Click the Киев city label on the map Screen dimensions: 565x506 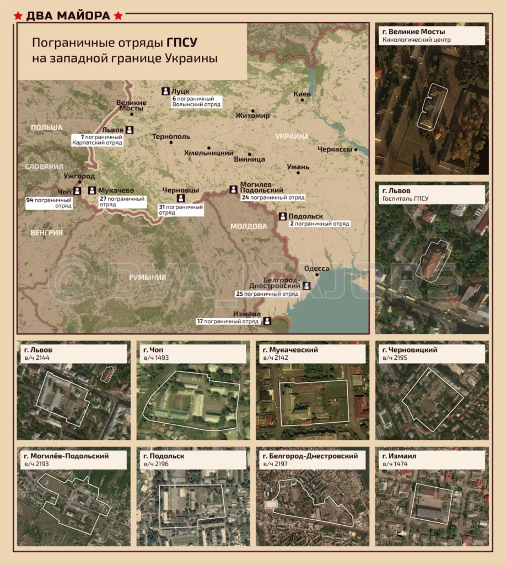point(302,94)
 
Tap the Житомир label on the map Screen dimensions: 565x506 point(252,116)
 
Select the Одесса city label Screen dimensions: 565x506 point(317,269)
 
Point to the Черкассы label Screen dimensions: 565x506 point(335,150)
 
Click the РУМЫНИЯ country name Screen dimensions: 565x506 point(147,277)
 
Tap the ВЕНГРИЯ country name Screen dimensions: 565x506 point(47,233)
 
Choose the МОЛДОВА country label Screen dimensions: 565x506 point(248,226)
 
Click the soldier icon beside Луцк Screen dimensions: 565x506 point(165,91)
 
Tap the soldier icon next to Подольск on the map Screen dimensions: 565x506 point(283,216)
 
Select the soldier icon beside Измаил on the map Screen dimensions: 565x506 point(267,321)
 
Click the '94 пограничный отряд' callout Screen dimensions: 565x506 point(49,202)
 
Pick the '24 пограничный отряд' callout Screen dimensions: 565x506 point(272,197)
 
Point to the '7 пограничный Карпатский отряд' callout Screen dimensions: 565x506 point(98,139)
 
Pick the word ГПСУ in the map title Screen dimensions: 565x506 point(182,42)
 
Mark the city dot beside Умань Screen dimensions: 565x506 point(298,173)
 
